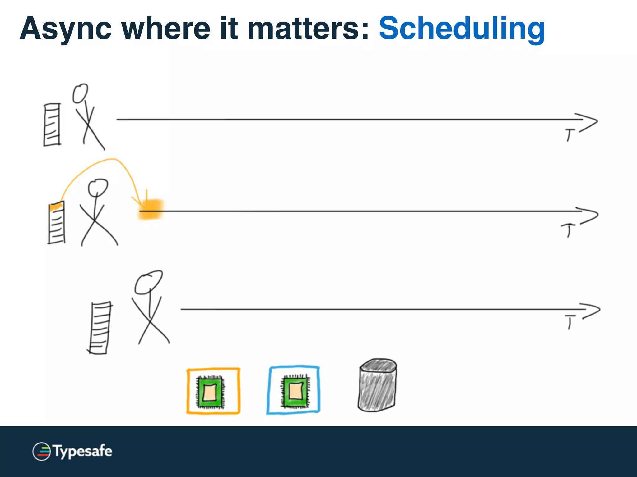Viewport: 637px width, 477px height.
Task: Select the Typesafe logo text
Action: [x=82, y=451]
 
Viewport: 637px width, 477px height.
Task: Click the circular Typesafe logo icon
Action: [x=41, y=451]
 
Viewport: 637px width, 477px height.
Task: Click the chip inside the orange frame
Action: [x=210, y=392]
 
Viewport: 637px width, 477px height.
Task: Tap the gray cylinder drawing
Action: [x=377, y=386]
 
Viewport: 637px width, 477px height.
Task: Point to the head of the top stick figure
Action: [x=80, y=93]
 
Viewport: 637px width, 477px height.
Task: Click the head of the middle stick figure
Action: [x=98, y=187]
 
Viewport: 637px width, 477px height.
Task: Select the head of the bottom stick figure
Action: [x=148, y=282]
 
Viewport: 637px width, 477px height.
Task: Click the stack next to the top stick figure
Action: [x=52, y=125]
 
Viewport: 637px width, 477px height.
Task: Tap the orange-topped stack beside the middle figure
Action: [x=57, y=223]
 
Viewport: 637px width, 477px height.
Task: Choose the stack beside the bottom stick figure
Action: [x=100, y=328]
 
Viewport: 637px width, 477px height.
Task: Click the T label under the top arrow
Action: [x=570, y=135]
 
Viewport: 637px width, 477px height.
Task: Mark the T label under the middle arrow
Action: [x=568, y=230]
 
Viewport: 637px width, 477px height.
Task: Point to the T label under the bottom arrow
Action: [x=570, y=322]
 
